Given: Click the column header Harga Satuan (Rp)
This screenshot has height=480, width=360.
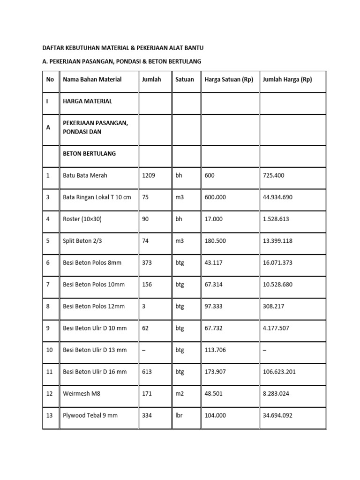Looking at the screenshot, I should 229,79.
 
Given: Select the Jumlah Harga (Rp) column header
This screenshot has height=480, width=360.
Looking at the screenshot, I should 287,79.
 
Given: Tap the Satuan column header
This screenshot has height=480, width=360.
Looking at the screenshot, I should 184,79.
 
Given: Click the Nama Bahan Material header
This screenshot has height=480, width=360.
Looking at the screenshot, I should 92,79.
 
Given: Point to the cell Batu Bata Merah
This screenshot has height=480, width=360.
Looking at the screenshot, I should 85,175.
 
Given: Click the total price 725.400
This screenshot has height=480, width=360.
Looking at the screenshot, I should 273,175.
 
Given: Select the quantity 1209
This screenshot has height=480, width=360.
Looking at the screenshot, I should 148,175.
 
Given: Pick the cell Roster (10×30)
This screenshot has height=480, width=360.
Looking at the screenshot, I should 82,219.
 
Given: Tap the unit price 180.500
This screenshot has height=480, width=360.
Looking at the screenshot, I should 215,240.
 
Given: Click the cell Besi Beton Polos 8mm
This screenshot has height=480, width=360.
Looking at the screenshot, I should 92,262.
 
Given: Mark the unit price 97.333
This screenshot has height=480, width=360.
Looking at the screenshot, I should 213,306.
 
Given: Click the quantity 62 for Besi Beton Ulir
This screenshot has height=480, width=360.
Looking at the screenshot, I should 145,328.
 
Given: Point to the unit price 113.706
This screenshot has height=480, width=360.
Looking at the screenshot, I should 215,350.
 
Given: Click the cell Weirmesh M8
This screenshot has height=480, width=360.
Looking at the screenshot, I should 82,393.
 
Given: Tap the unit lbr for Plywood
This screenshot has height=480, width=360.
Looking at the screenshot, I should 179,415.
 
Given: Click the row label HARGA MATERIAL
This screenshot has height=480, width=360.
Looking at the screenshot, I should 87,101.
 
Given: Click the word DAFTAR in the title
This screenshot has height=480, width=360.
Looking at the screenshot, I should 53,48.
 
